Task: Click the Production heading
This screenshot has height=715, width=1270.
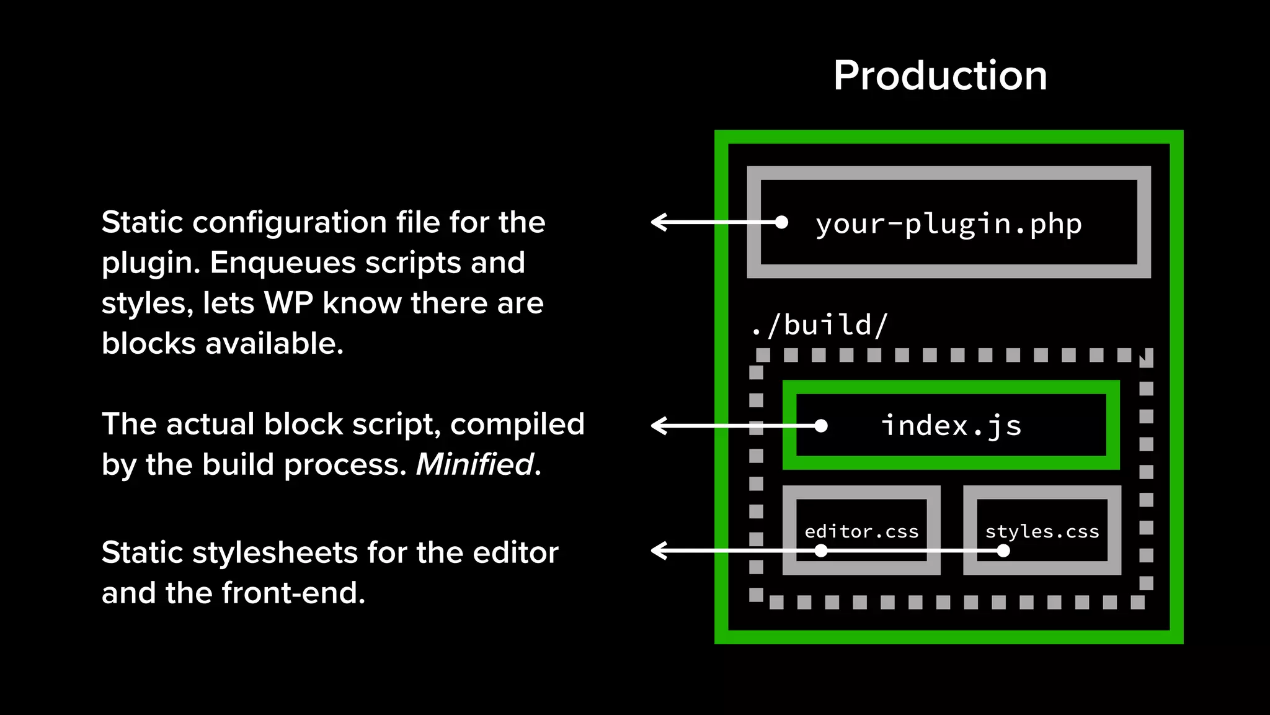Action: point(940,76)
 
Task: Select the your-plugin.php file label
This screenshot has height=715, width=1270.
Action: point(948,224)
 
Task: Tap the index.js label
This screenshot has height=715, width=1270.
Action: point(951,426)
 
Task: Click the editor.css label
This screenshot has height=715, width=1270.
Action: point(861,532)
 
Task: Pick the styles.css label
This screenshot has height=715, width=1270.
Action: point(1042,532)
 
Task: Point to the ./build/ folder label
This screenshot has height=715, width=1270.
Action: point(819,325)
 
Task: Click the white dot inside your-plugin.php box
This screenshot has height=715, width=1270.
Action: point(782,222)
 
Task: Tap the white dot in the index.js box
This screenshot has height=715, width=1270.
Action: point(821,426)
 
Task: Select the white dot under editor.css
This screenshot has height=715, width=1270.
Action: point(821,551)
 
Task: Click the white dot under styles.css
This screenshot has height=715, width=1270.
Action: point(1003,551)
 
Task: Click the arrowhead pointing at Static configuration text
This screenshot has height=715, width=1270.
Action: point(657,222)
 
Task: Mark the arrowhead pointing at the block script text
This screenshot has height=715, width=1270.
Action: point(657,426)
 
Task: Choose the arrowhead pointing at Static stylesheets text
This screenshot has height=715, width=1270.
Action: point(657,551)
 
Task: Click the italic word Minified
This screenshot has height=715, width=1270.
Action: point(475,464)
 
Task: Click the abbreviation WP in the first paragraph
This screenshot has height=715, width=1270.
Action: point(289,304)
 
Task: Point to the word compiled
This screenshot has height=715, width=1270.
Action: point(517,425)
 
